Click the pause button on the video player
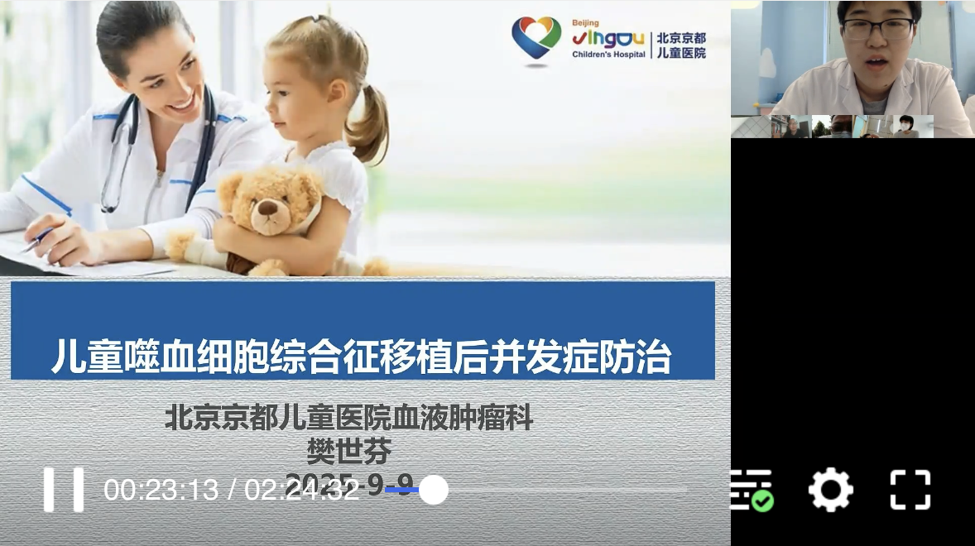(64, 489)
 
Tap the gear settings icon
(829, 489)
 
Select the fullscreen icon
(910, 489)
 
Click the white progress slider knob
(433, 490)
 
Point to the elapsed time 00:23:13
(161, 490)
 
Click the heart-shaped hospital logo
(536, 38)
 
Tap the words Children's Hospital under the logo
(608, 55)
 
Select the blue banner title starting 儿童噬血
(361, 357)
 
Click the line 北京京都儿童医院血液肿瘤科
(348, 417)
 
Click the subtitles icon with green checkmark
(752, 490)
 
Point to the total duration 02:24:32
(302, 490)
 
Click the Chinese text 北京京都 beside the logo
(681, 39)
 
